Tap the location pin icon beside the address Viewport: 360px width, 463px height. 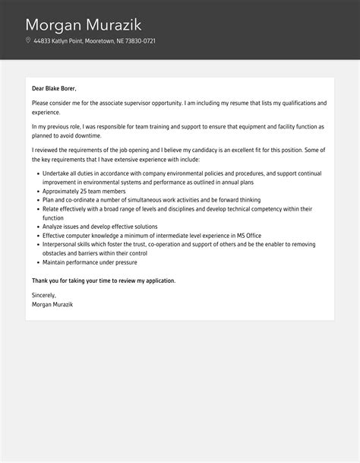[28, 40]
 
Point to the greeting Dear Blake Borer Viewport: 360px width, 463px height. [54, 88]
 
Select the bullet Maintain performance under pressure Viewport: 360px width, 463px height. [90, 263]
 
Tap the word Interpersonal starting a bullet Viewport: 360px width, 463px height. [60, 245]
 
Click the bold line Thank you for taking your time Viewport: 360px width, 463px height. [103, 281]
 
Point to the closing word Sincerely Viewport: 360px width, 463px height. [44, 295]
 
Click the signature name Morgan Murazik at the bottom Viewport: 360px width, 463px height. [52, 304]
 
